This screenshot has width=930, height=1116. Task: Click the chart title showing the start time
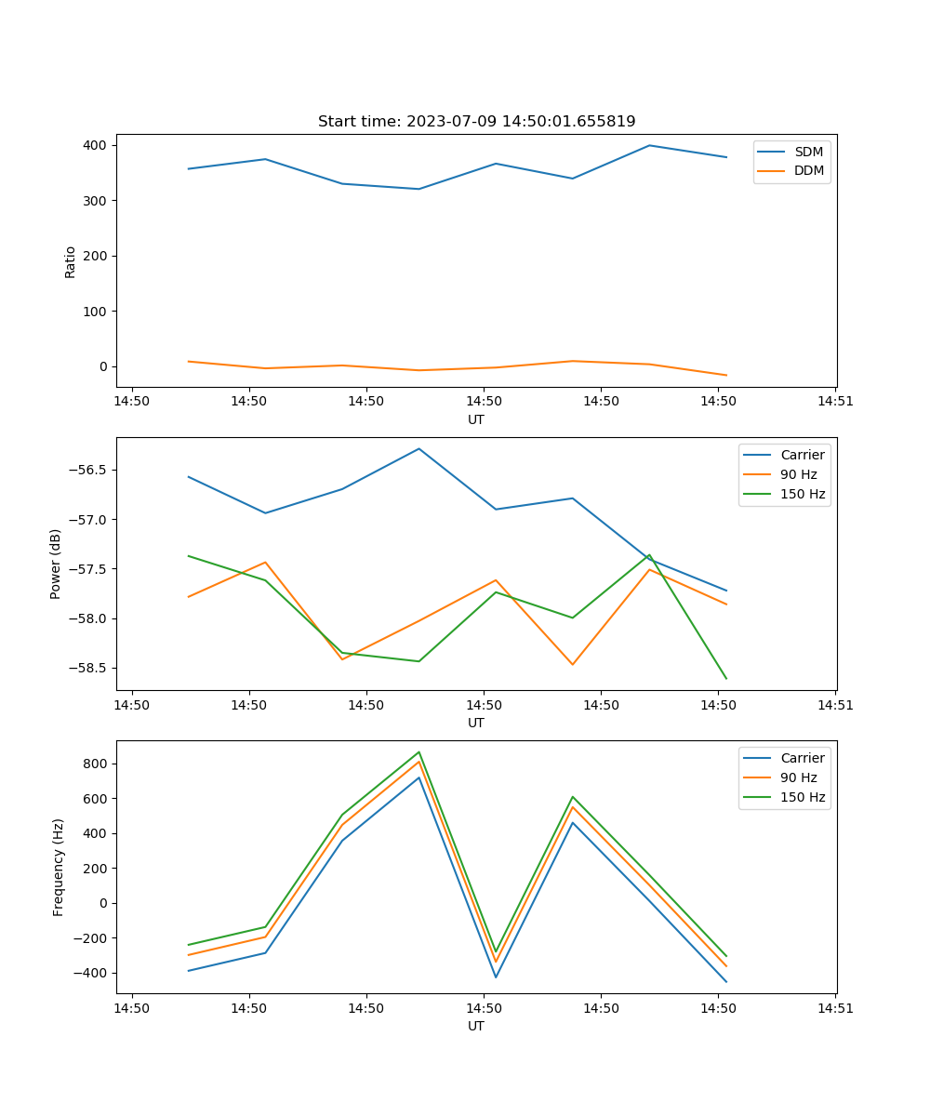(x=476, y=122)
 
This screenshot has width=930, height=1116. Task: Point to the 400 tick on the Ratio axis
(x=95, y=145)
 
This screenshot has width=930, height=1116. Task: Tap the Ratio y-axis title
(x=71, y=261)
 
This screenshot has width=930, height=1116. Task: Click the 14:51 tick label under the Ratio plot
(x=834, y=402)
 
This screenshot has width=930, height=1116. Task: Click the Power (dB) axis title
(x=56, y=564)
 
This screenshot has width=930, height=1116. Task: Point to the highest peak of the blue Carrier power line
(x=418, y=448)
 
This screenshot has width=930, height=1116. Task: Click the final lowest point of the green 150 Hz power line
(x=725, y=678)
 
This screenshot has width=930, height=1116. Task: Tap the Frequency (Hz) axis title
(x=58, y=867)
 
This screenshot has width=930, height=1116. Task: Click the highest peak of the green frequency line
(x=419, y=751)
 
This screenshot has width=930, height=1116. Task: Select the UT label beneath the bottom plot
(x=476, y=1026)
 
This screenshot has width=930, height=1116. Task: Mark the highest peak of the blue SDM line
(x=649, y=145)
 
